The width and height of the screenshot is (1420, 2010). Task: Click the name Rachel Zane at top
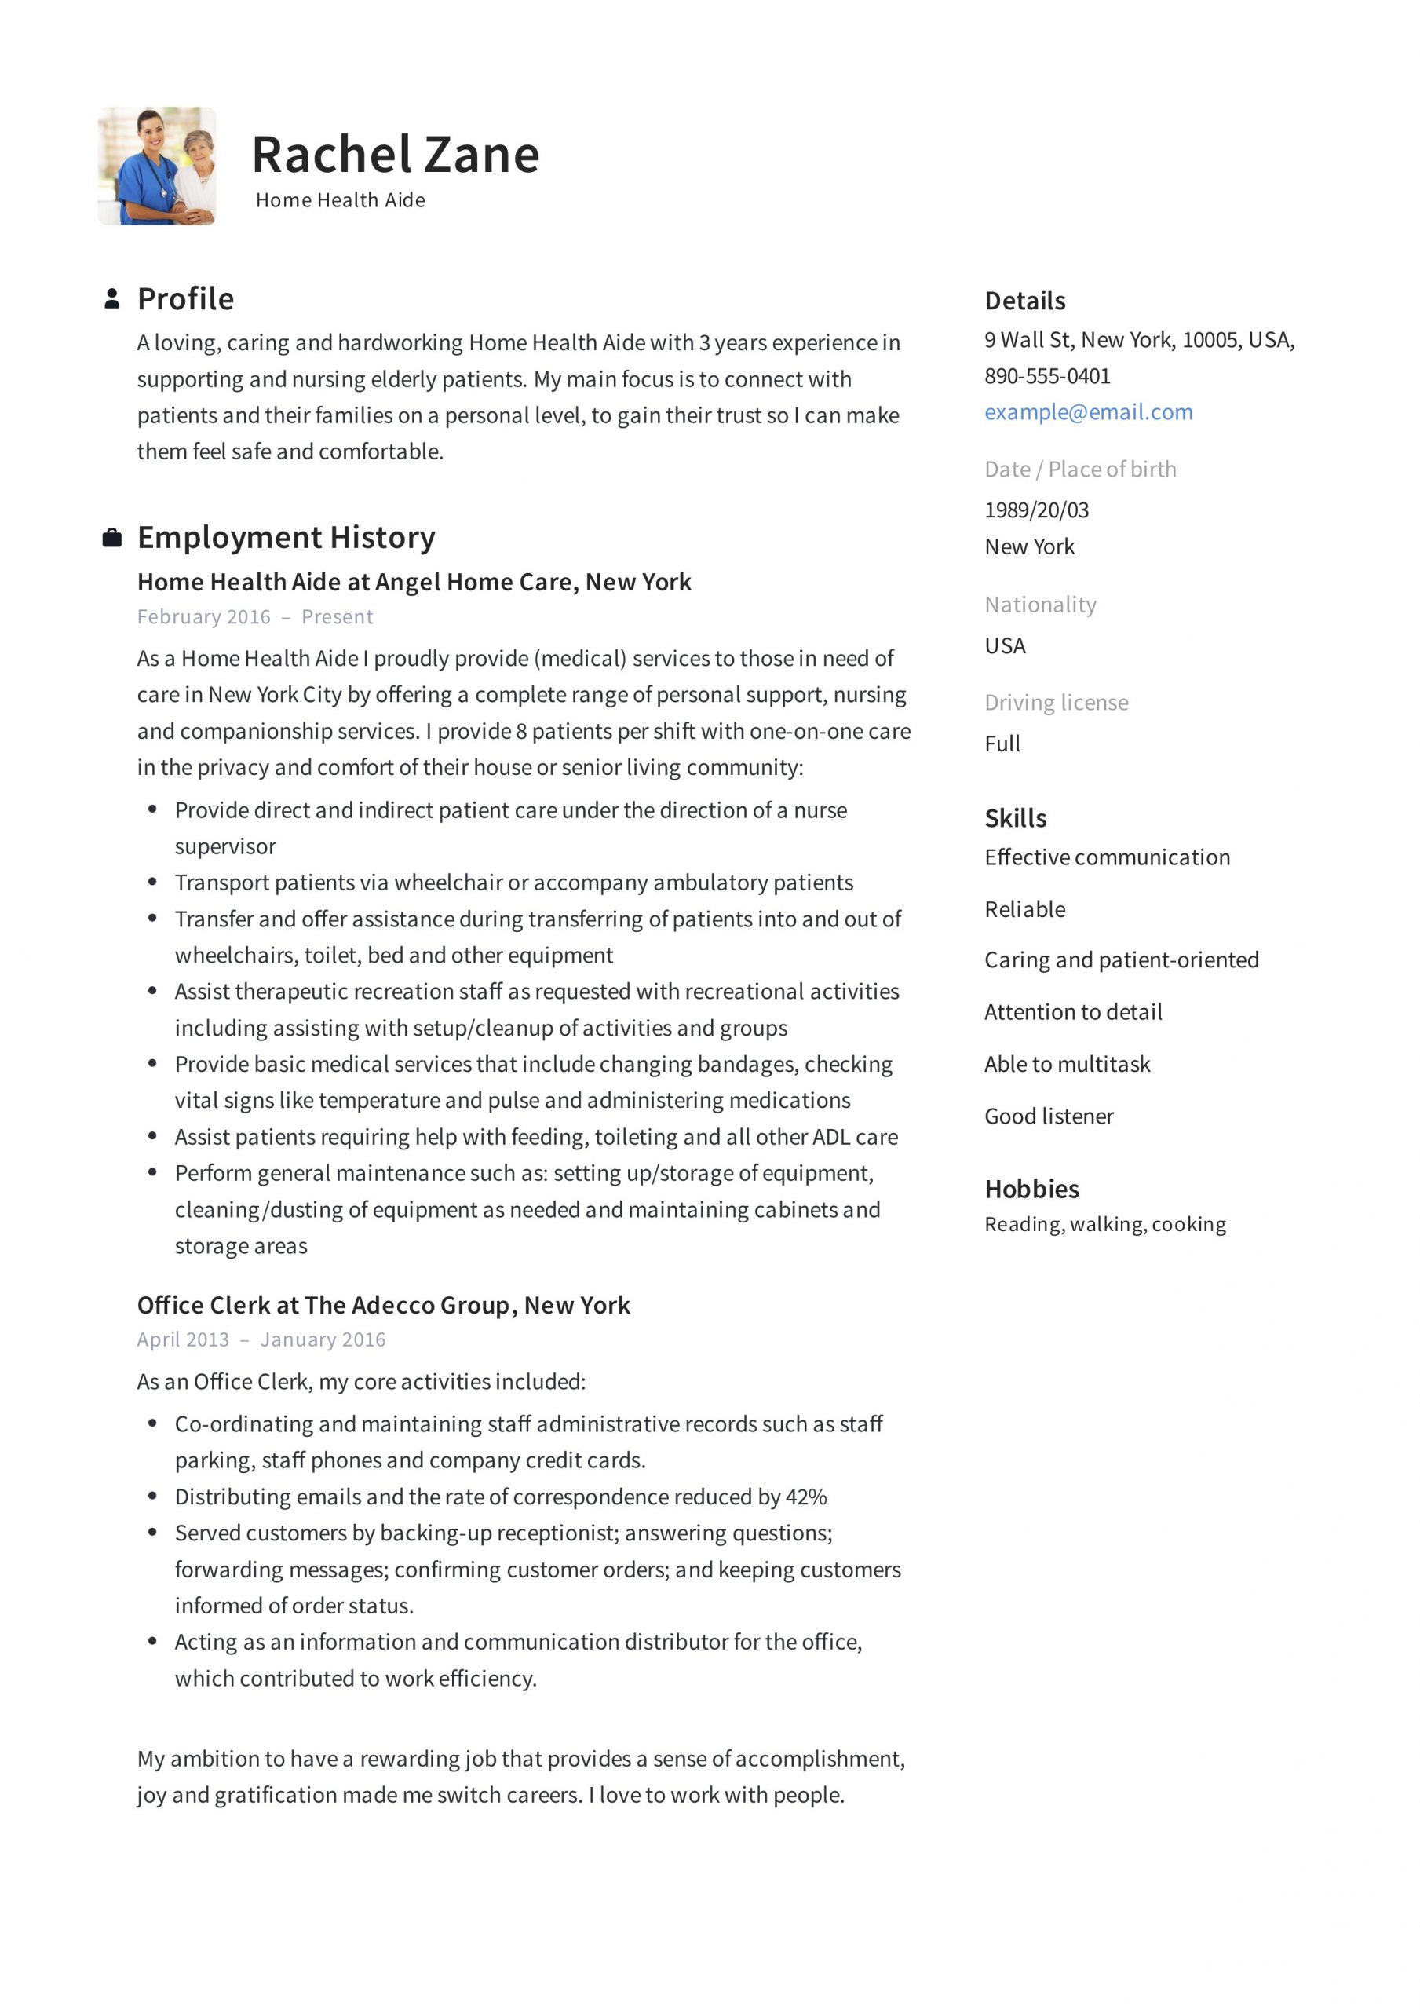click(395, 155)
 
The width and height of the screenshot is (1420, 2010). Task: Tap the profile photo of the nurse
click(157, 166)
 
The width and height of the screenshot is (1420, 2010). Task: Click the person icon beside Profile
click(112, 299)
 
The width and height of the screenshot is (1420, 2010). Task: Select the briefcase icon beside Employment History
click(112, 538)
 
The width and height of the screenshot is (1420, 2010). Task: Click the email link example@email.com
click(1088, 412)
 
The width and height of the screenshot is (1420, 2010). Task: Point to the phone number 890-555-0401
click(1047, 376)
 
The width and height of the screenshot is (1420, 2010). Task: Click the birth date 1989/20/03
click(1037, 510)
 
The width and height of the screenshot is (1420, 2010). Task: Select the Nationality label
click(1040, 605)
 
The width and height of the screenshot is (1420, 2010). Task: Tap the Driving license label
click(1056, 703)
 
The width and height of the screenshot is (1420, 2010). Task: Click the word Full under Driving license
click(1002, 744)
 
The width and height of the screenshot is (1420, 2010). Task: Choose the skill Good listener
click(1049, 1117)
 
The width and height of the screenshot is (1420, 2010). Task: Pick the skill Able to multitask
click(1068, 1065)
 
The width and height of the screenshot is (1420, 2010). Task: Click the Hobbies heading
click(1031, 1190)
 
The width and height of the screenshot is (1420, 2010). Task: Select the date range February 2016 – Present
click(255, 617)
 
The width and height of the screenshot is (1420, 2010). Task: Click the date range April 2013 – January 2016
click(261, 1340)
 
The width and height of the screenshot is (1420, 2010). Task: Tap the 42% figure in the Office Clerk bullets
click(805, 1497)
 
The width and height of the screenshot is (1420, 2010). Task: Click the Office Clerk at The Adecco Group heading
click(383, 1306)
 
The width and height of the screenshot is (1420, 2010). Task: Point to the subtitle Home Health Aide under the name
click(340, 200)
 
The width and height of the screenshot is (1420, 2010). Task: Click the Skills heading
click(1016, 819)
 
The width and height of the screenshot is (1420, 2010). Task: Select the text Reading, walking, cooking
click(1104, 1225)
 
